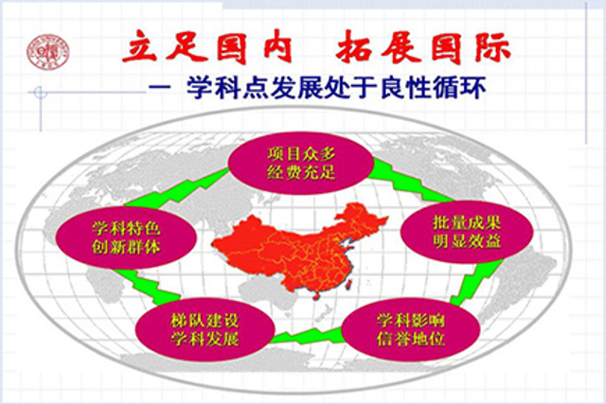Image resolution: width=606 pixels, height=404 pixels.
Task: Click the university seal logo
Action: [48, 53]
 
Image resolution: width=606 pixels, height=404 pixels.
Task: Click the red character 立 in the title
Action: [139, 47]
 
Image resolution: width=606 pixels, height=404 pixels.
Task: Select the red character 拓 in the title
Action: [353, 47]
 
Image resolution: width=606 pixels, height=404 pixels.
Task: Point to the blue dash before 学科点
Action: [160, 88]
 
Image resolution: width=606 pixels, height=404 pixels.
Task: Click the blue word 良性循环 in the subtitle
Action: [433, 88]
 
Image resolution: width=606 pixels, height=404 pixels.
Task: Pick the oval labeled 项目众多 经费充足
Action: [301, 163]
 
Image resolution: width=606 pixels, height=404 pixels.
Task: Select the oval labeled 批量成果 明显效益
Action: [467, 232]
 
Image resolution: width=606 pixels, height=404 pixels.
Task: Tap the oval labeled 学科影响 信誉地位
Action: [411, 329]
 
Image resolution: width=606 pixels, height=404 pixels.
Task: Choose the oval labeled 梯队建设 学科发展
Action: [205, 329]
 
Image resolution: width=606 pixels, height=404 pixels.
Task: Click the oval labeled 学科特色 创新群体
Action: [126, 237]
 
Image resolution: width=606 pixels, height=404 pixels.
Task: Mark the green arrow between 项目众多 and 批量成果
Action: [410, 181]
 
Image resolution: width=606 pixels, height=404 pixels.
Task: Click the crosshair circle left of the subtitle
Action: [40, 93]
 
